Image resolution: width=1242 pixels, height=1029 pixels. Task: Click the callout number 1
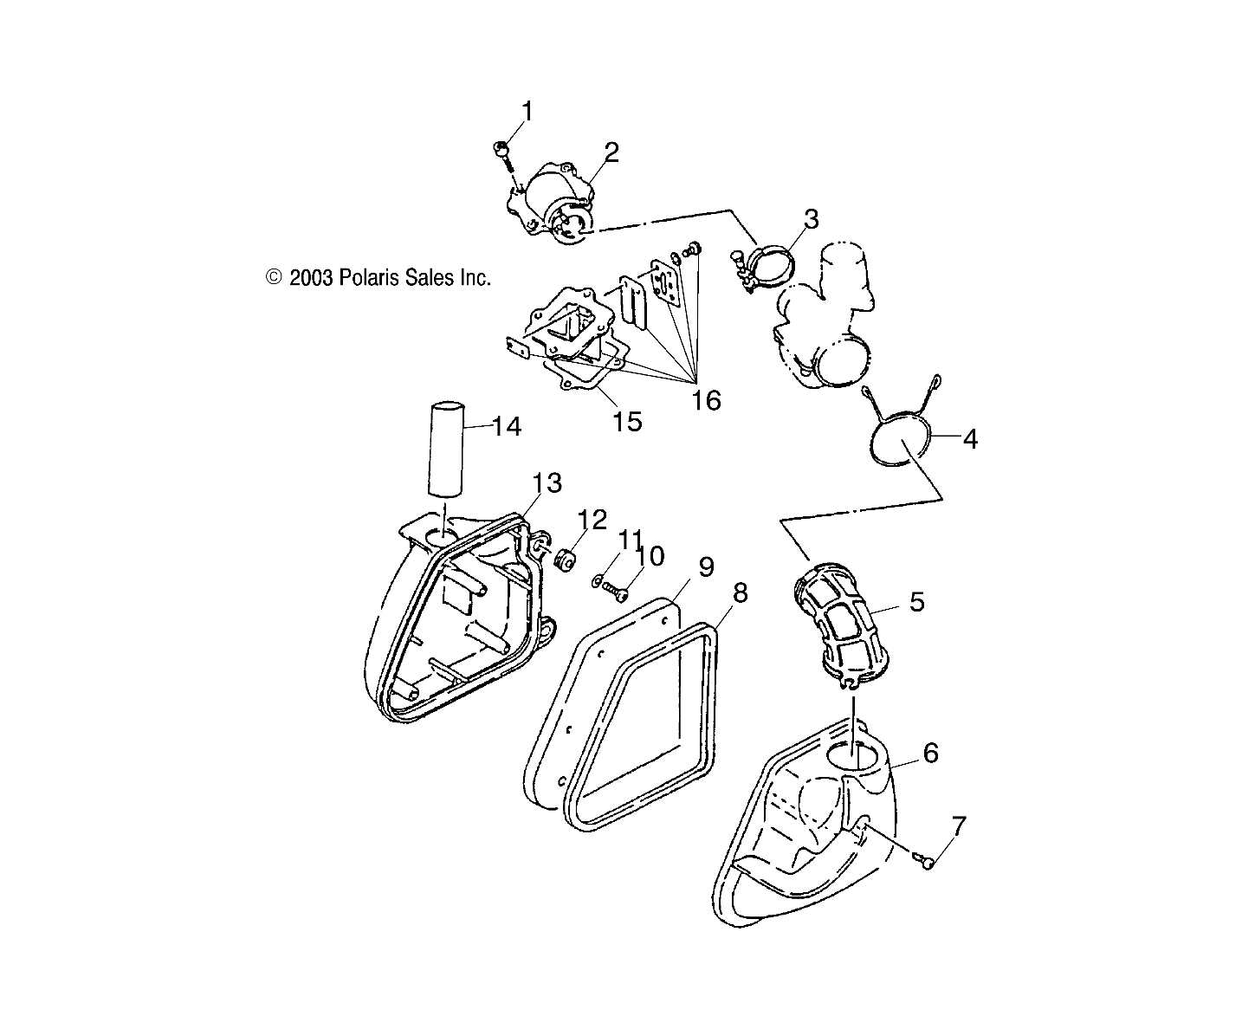pos(527,111)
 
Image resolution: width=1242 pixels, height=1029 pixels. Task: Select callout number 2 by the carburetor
pos(612,152)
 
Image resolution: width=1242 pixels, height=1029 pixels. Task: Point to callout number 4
pos(970,439)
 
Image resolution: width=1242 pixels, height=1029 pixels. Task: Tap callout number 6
pos(930,753)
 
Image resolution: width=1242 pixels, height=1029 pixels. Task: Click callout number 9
pos(706,567)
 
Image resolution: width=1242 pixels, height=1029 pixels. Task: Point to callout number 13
pos(547,482)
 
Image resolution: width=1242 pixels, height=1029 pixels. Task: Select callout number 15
pos(627,421)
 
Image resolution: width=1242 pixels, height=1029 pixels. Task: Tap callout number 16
pos(707,400)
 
